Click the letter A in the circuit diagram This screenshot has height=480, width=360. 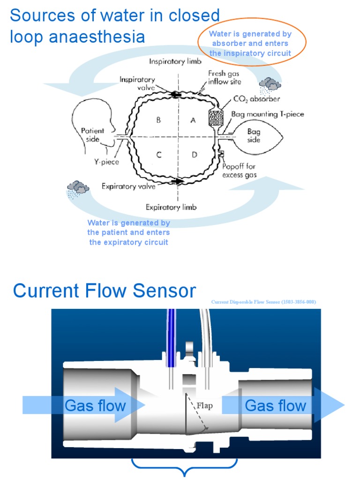click(193, 120)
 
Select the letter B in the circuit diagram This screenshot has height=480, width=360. click(159, 120)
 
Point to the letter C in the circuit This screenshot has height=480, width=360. click(159, 155)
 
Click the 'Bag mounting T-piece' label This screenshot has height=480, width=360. click(268, 114)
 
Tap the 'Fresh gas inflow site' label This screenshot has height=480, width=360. click(225, 78)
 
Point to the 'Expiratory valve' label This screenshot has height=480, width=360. click(128, 187)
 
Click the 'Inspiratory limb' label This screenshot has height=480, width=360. click(173, 61)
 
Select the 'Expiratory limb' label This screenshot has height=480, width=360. click(171, 207)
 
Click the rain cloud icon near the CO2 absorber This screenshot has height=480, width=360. click(270, 84)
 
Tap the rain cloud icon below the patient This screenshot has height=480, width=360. click(78, 188)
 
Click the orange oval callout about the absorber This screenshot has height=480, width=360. click(252, 43)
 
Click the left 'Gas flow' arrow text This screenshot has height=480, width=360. click(95, 405)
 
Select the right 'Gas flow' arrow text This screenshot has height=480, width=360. click(275, 405)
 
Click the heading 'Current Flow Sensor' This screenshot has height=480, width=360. click(104, 291)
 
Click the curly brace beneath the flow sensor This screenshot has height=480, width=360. click(185, 466)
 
